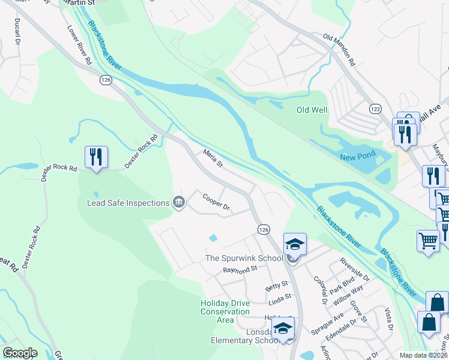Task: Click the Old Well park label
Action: (x=312, y=110)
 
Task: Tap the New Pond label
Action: (x=357, y=155)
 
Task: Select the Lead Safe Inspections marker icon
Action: (x=178, y=203)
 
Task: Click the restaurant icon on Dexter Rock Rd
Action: (x=96, y=157)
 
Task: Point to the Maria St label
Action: (x=212, y=159)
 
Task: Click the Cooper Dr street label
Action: (x=217, y=202)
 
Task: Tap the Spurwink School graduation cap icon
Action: (x=295, y=245)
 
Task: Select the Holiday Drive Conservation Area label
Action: (x=225, y=311)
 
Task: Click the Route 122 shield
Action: (x=375, y=109)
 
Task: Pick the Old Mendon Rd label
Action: (x=340, y=50)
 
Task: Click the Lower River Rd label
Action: (x=79, y=45)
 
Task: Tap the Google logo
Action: (x=20, y=353)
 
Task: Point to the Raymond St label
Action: (x=240, y=270)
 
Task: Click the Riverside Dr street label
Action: (x=355, y=269)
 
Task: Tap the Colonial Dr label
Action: (x=319, y=287)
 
